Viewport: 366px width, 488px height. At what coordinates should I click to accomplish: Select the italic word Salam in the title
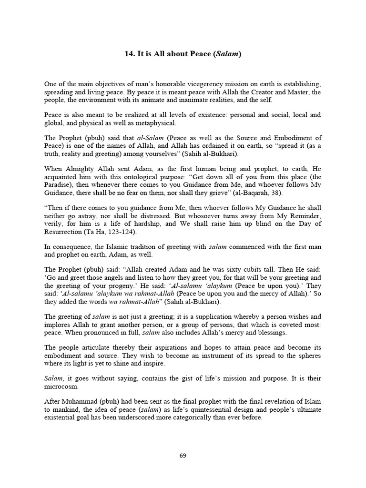click(228, 54)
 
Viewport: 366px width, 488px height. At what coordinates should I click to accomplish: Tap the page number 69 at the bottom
click(183, 456)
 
